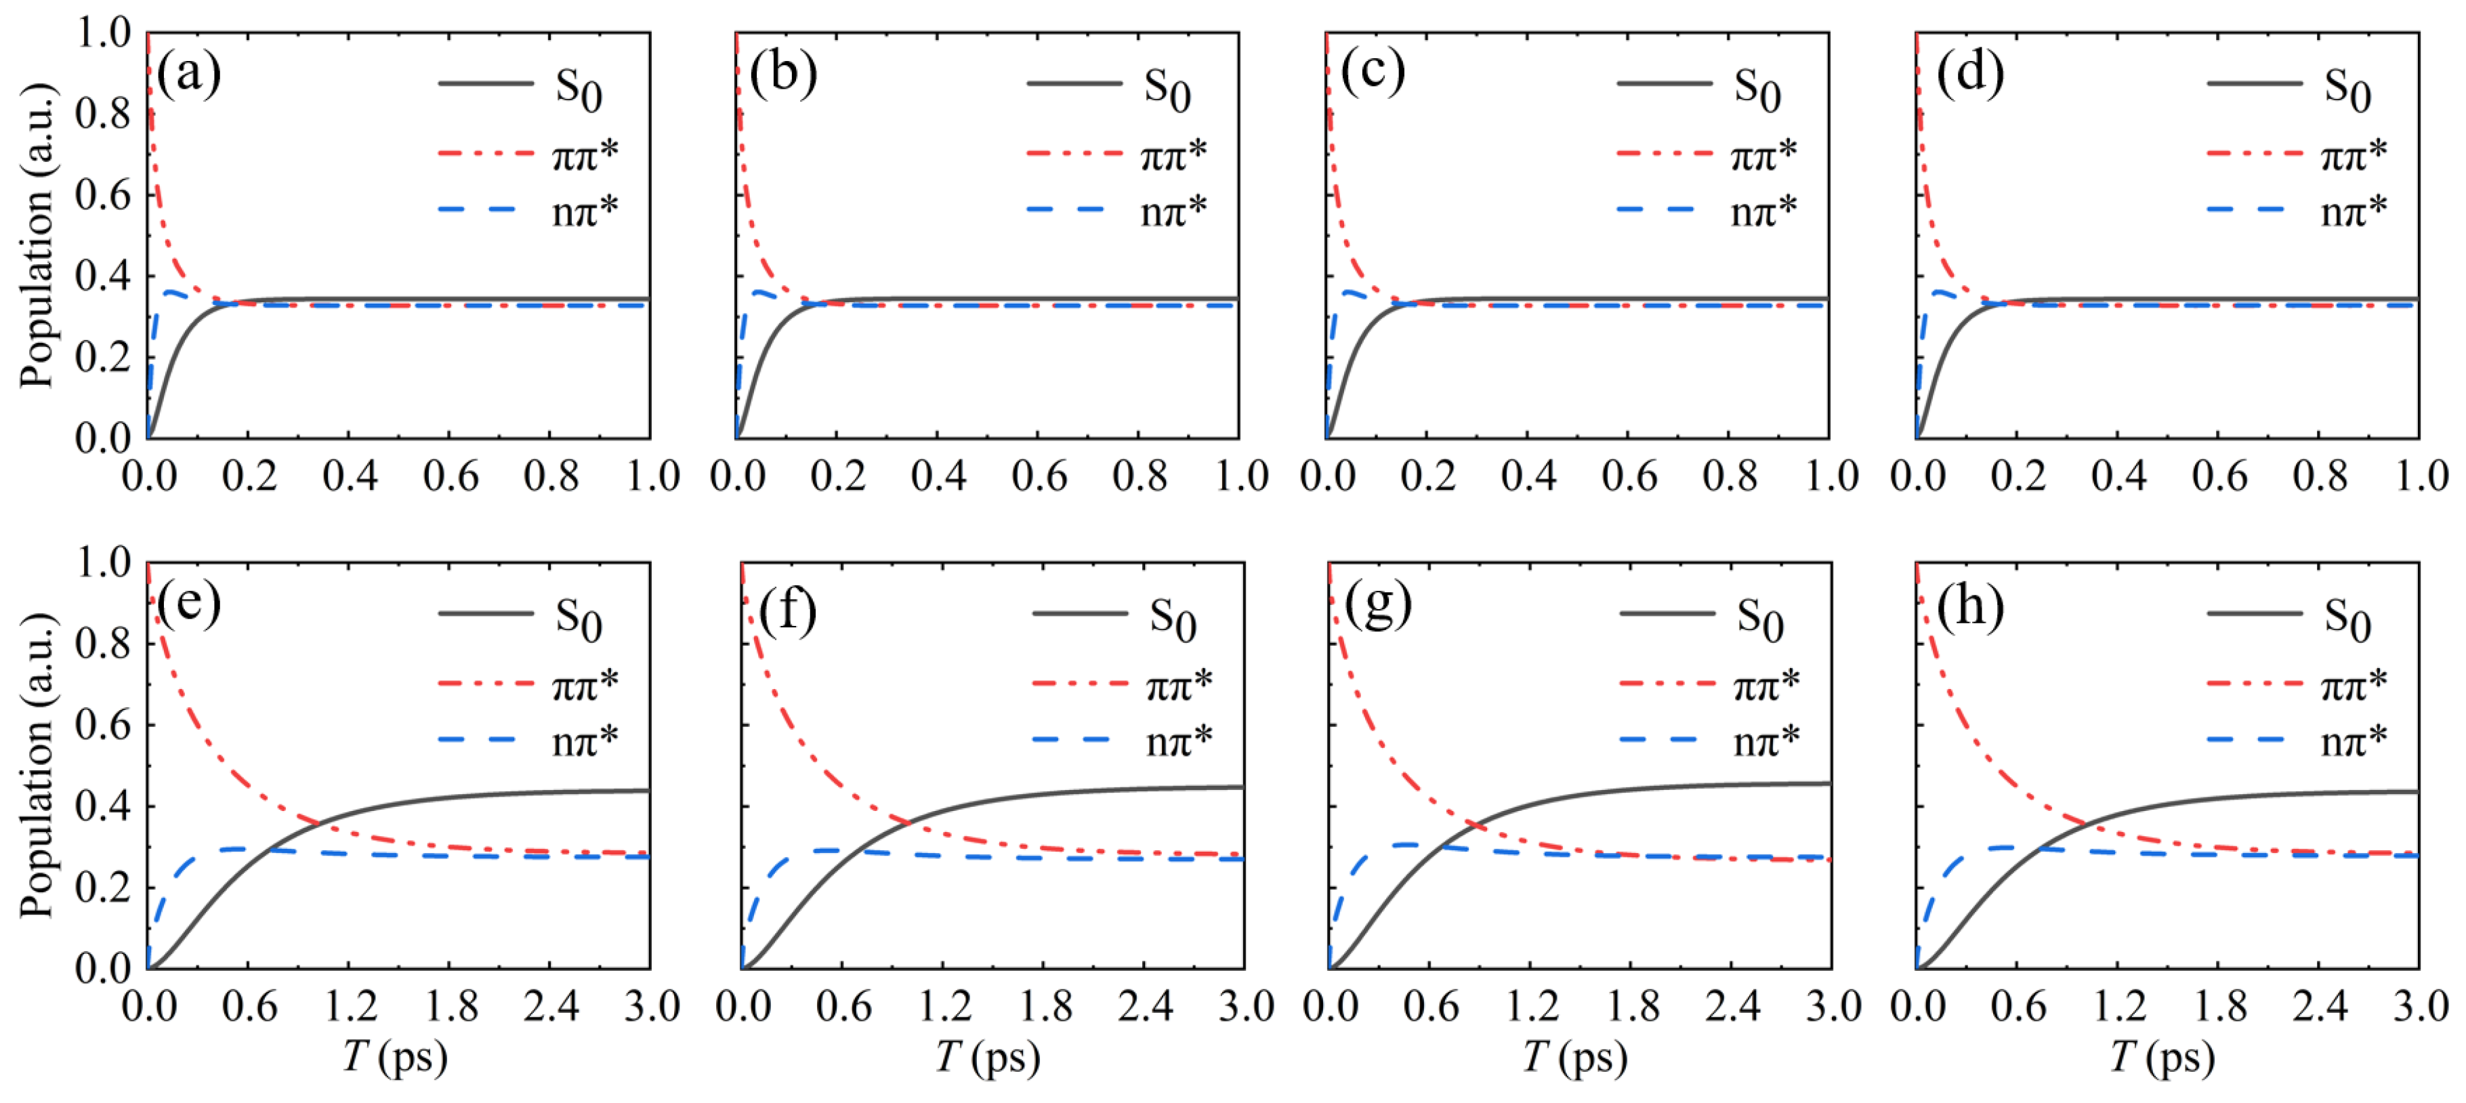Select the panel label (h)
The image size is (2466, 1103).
1970,606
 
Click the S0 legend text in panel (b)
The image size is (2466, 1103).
1167,89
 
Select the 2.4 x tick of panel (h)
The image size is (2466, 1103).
2320,1006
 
